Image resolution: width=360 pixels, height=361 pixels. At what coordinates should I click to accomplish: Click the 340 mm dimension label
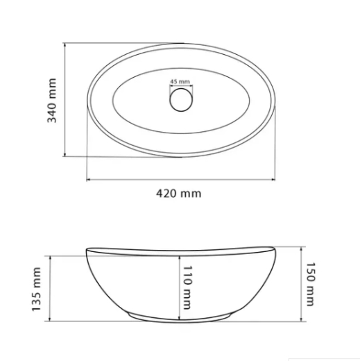(52, 101)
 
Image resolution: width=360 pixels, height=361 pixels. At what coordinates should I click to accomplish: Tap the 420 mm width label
(179, 194)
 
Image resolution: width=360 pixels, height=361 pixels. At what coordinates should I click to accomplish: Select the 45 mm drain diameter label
(180, 81)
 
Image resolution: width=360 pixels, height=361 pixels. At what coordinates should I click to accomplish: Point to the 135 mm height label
(36, 289)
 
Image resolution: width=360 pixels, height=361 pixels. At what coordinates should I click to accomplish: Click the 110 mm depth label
(187, 287)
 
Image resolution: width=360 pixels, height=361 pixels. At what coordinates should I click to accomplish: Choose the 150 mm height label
(311, 284)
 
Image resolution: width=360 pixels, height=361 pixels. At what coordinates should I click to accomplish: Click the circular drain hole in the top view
(181, 100)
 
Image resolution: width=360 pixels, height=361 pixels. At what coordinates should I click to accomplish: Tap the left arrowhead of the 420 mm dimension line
(88, 179)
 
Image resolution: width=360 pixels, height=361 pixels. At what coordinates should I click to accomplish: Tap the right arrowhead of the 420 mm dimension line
(273, 179)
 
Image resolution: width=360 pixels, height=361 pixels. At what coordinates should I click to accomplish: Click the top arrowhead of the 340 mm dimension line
(65, 44)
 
